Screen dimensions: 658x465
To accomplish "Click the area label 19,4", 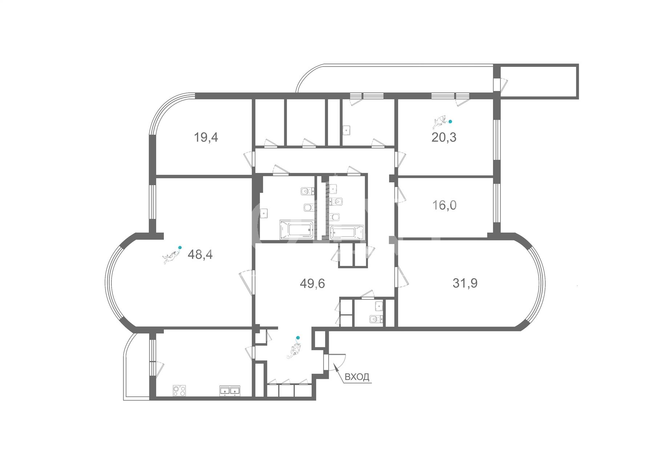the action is pyautogui.click(x=206, y=138).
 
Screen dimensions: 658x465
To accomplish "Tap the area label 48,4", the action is pyautogui.click(x=200, y=254).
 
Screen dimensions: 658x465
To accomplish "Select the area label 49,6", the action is pyautogui.click(x=312, y=283).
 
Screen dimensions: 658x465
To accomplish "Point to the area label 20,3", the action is pyautogui.click(x=444, y=137).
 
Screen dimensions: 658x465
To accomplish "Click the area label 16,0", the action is pyautogui.click(x=444, y=205).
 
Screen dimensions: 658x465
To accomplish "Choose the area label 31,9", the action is pyautogui.click(x=465, y=283).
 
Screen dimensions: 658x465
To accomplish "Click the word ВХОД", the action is pyautogui.click(x=357, y=377).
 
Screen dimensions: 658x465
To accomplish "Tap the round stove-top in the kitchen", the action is pyautogui.click(x=179, y=391).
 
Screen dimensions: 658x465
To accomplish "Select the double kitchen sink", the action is pyautogui.click(x=229, y=391).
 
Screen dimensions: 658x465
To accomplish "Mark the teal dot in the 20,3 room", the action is pyautogui.click(x=451, y=122).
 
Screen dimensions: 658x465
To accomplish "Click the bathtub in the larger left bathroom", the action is pyautogui.click(x=296, y=230).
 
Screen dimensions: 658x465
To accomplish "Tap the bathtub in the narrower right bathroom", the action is pyautogui.click(x=347, y=232).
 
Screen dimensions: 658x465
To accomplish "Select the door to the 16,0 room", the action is pyautogui.click(x=401, y=194).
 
